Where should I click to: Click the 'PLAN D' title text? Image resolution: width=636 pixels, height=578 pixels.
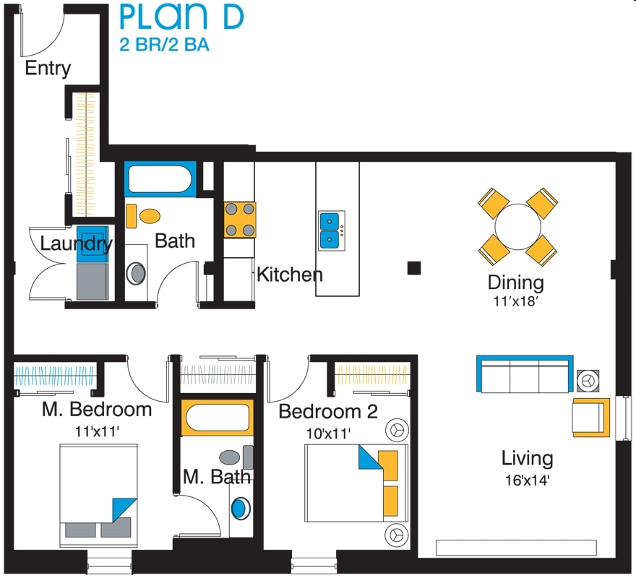(x=181, y=17)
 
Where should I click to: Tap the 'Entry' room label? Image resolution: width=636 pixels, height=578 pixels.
(x=48, y=68)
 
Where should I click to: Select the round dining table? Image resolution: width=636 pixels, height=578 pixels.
(x=517, y=227)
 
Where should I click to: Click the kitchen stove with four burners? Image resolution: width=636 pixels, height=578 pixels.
(x=240, y=220)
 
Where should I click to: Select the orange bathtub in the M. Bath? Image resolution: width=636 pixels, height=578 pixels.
(x=217, y=418)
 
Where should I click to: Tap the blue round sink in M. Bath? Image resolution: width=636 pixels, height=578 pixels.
(x=239, y=509)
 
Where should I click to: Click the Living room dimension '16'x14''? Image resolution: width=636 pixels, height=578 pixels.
(x=527, y=480)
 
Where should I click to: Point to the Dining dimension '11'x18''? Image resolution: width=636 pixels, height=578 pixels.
(x=515, y=301)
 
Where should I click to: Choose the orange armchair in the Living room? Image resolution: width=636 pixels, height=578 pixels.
(x=591, y=418)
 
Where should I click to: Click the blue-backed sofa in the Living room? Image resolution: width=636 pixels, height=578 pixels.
(x=525, y=374)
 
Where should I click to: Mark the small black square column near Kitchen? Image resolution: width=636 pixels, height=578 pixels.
(x=414, y=268)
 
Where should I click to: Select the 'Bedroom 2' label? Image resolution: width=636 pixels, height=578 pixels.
(x=328, y=412)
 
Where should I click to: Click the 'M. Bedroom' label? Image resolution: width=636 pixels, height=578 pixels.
(x=97, y=409)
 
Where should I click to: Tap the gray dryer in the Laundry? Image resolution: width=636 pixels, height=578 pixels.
(x=93, y=282)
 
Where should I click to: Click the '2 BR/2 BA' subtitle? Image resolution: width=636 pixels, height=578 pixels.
(x=164, y=44)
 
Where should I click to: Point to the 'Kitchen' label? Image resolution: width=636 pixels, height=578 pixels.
(x=290, y=275)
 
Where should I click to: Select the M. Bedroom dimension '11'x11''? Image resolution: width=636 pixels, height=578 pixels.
(x=97, y=431)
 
